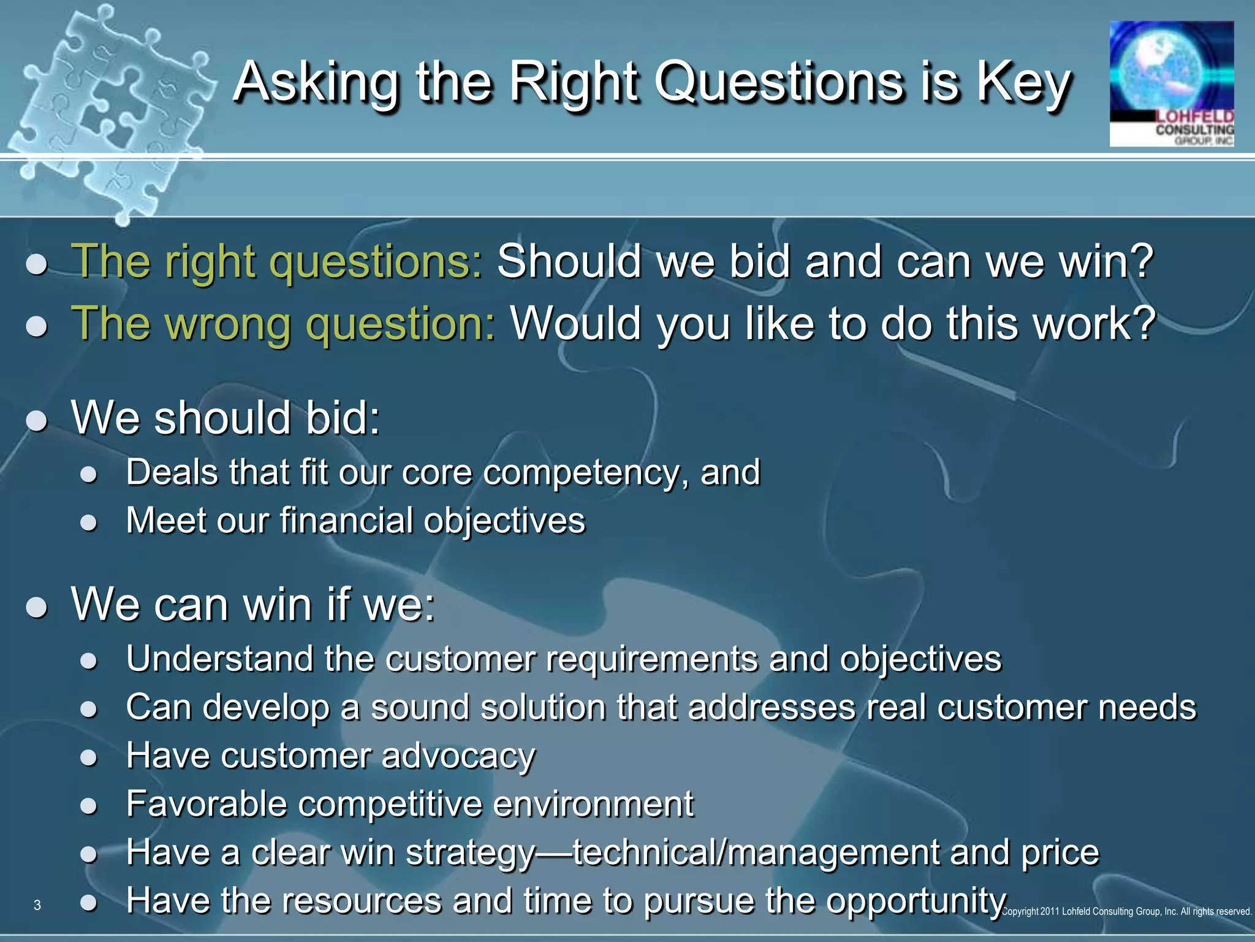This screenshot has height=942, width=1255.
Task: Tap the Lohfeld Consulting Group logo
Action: [x=1171, y=84]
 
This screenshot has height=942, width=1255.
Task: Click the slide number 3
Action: [x=37, y=905]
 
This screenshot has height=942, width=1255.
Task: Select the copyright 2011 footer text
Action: [x=1126, y=911]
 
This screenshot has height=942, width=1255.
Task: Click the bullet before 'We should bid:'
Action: [x=37, y=421]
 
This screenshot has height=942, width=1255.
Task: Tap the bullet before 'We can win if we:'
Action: [x=37, y=607]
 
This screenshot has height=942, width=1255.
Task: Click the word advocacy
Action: [x=458, y=756]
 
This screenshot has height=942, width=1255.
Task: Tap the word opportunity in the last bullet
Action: [x=916, y=901]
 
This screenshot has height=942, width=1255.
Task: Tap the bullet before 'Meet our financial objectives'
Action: [x=89, y=522]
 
